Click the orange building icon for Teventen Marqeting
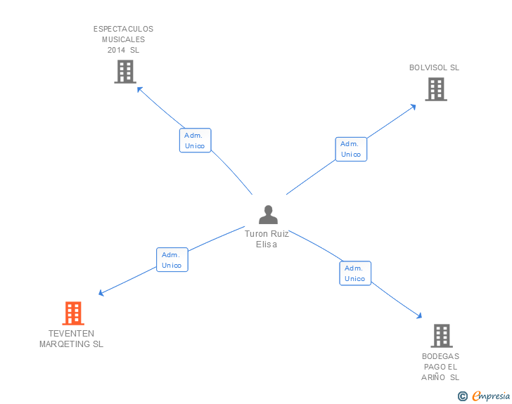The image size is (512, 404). tap(73, 313)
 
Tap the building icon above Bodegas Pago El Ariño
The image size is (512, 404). tap(441, 336)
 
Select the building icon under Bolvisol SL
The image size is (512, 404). tap(436, 89)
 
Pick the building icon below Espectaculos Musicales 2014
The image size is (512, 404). tap(124, 72)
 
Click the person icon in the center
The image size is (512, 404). tap(268, 215)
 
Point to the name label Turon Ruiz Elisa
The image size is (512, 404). tap(267, 239)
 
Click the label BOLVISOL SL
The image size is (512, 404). tap(434, 68)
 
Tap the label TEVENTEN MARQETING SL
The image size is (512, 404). tap(71, 339)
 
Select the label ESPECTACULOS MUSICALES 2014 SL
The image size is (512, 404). tap(123, 39)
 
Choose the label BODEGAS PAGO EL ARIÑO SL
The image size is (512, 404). tap(440, 367)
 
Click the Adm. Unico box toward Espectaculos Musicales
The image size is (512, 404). tap(195, 141)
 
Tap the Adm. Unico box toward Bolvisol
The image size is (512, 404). tap(351, 149)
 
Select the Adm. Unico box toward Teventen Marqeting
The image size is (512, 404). tap(172, 260)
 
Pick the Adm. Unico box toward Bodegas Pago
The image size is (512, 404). tap(355, 273)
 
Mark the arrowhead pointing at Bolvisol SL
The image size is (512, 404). tap(413, 106)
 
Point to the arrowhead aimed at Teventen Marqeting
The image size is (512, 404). tap(101, 293)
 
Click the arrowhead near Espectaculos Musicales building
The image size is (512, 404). tap(139, 89)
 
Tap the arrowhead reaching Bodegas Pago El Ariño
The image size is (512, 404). tap(419, 317)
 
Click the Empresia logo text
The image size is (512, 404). tap(491, 396)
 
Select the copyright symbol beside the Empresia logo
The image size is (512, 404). tap(463, 396)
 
